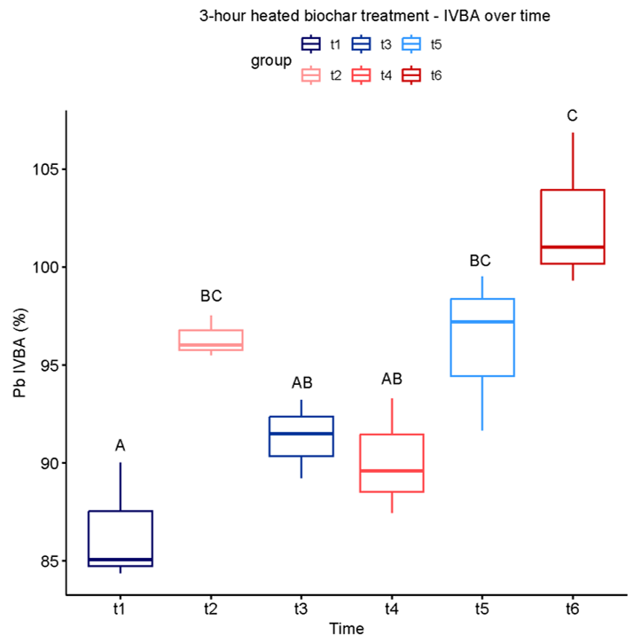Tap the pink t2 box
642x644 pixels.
(211, 341)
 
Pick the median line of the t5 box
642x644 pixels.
(482, 321)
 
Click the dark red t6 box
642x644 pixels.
(573, 226)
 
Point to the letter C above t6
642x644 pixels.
(573, 115)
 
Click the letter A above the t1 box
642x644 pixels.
(121, 445)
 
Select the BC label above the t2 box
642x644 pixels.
(211, 295)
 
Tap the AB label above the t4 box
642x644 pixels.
(392, 379)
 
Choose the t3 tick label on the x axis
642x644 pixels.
(301, 609)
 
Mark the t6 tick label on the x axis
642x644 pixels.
(573, 609)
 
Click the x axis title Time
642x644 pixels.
(346, 628)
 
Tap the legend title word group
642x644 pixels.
(270, 60)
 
